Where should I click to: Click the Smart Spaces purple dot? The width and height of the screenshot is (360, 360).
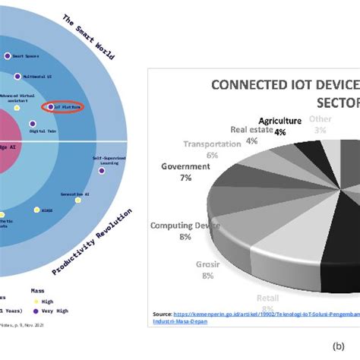point(7,55)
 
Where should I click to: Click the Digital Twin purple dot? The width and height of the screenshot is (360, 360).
point(33,122)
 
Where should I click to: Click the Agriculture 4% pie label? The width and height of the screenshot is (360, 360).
point(280,125)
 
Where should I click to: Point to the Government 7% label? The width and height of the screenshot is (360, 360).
point(185,171)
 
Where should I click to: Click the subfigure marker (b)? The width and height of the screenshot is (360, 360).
point(339,346)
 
